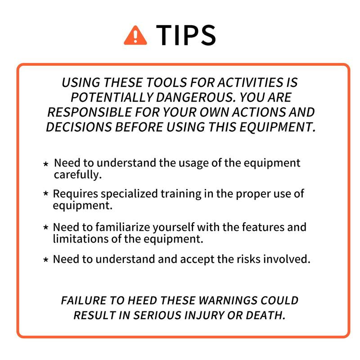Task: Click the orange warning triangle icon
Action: click(x=135, y=36)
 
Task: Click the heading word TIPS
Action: click(x=186, y=35)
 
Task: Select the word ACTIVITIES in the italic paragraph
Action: click(x=251, y=82)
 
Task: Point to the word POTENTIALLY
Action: click(x=112, y=97)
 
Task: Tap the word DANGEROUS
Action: click(x=196, y=97)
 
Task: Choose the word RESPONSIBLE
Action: click(x=90, y=112)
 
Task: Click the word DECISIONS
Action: click(x=79, y=127)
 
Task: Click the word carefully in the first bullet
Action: click(x=78, y=175)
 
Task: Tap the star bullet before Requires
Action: click(x=46, y=193)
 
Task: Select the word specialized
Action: click(x=129, y=194)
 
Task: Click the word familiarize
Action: click(x=123, y=227)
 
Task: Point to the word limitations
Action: click(x=81, y=239)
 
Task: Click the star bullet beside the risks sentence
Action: click(x=46, y=260)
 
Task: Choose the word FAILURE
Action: click(x=84, y=301)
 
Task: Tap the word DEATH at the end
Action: click(x=265, y=315)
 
